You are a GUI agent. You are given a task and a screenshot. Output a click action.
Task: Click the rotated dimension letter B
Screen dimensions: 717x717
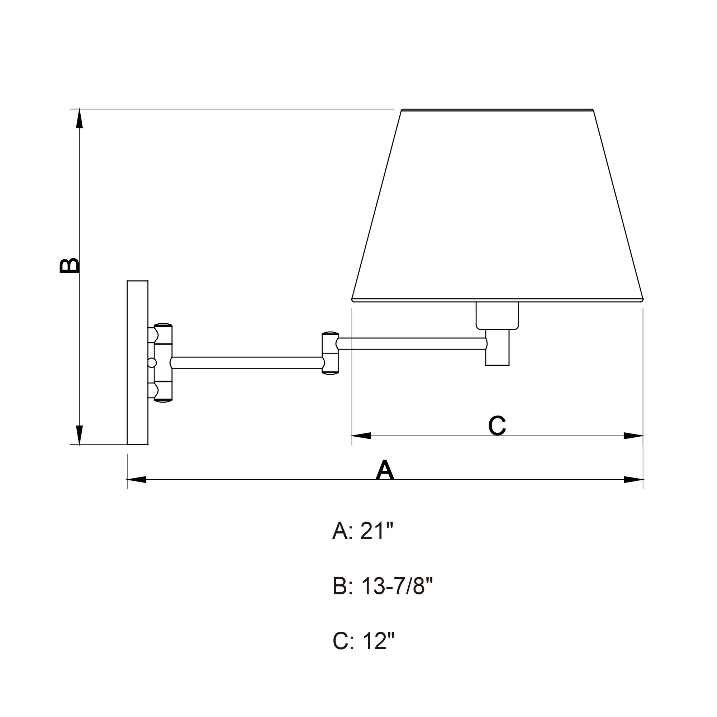click(70, 265)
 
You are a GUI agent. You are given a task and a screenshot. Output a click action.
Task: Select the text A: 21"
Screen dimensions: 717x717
click(362, 531)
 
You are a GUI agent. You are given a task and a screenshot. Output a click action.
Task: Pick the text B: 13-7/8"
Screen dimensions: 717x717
click(383, 587)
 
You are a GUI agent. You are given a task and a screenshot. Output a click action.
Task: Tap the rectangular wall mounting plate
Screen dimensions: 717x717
click(138, 362)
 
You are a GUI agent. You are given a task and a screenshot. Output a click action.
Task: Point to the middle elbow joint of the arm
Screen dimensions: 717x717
click(330, 352)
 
